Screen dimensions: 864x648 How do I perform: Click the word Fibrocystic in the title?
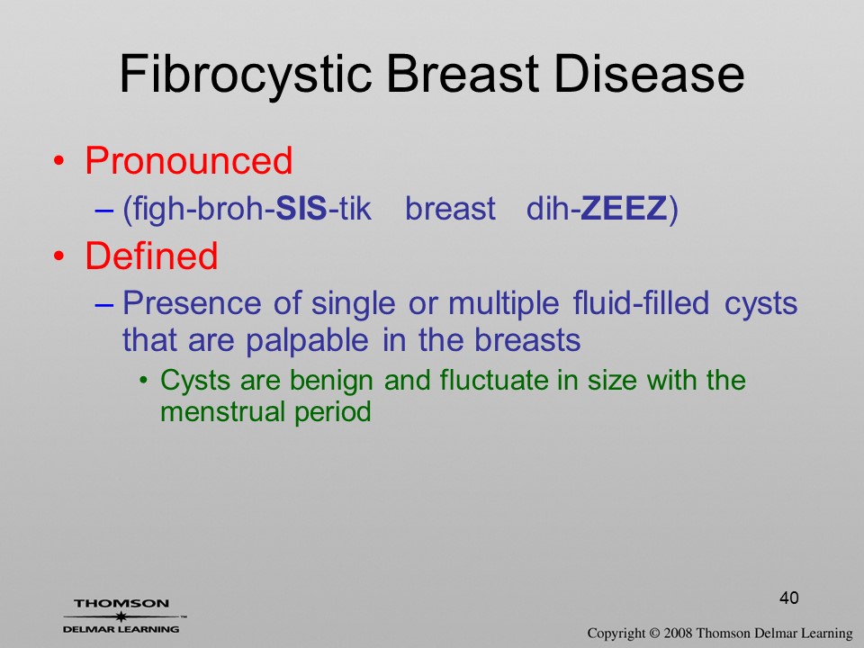coord(245,75)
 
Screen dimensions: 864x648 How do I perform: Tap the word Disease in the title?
coord(649,73)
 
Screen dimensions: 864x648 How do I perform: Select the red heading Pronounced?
coord(188,160)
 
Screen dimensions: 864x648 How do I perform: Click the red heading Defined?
coord(151,256)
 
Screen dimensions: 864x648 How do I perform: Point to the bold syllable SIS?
coord(301,208)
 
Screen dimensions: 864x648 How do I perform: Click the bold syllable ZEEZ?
coord(624,208)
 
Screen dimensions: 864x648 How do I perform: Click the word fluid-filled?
coord(641,302)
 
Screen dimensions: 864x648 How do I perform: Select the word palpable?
coord(307,340)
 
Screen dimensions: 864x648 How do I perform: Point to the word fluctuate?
coord(494,380)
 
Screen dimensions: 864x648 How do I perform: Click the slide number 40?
coord(789,598)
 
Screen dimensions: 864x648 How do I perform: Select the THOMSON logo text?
coord(121,603)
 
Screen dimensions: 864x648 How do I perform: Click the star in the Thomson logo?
coord(121,616)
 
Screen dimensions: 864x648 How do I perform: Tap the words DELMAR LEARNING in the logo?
coord(121,629)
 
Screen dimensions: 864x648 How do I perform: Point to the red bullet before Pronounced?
coord(59,161)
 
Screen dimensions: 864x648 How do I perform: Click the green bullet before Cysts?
coord(144,380)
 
